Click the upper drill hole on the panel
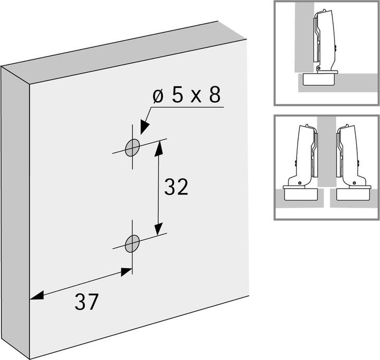tap(132, 148)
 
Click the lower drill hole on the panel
tap(132, 244)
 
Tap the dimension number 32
tap(176, 187)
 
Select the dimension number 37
tap(87, 301)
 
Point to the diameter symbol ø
tap(158, 96)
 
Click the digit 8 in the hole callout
tap(215, 95)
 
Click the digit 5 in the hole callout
tap(177, 95)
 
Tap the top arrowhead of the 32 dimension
tap(159, 148)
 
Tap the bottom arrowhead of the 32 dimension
tap(158, 228)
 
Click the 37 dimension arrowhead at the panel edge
tap(37, 295)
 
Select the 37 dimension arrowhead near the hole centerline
tap(126, 272)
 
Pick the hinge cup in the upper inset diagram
tap(319, 78)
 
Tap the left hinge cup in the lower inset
tap(300, 193)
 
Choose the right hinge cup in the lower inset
tap(354, 193)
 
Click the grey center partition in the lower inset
tap(327, 152)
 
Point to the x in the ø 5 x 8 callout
tap(196, 97)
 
